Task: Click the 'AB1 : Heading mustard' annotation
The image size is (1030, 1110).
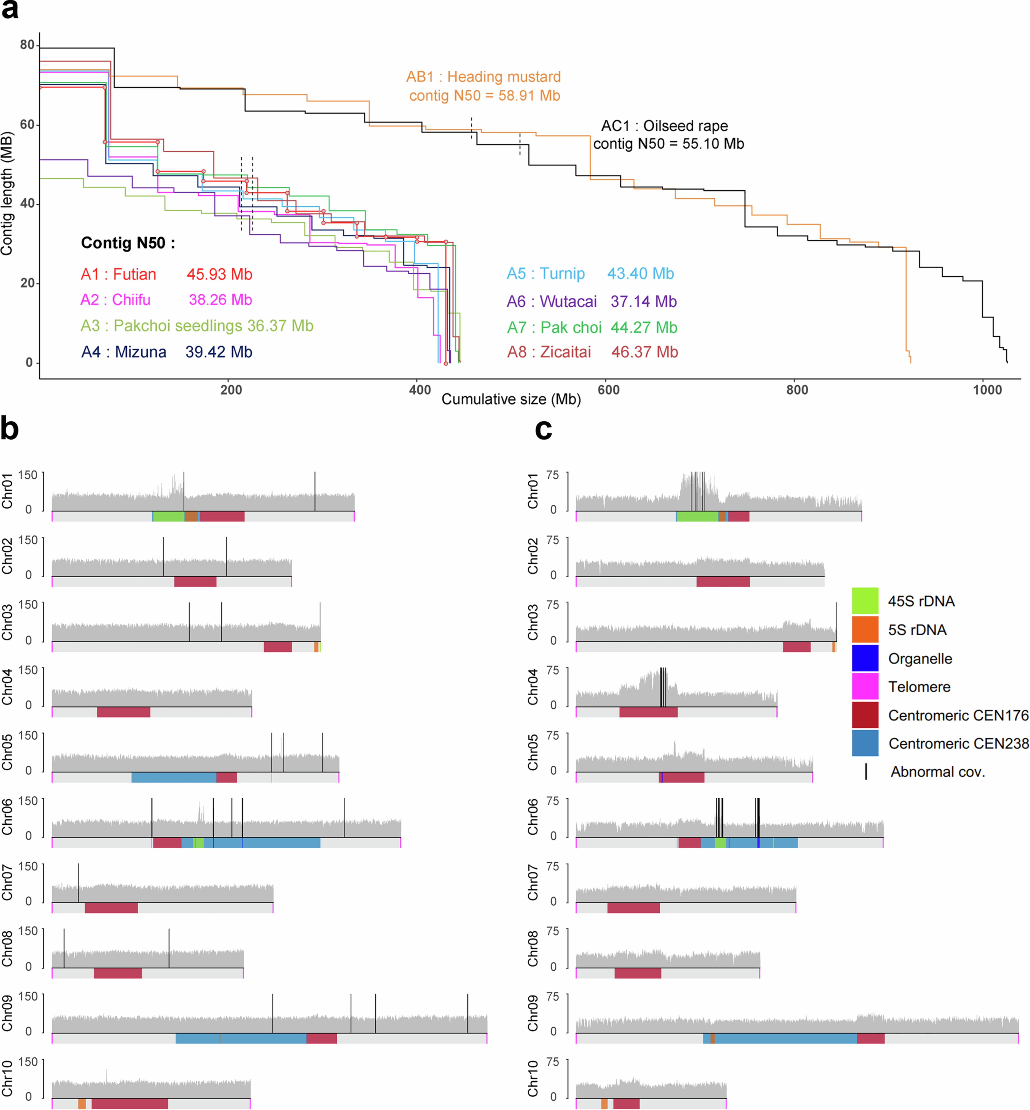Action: click(x=483, y=77)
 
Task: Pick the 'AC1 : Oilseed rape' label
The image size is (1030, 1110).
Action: click(x=664, y=126)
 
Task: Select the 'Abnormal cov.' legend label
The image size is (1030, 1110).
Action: click(x=937, y=772)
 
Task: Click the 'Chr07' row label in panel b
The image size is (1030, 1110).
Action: click(x=7, y=882)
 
